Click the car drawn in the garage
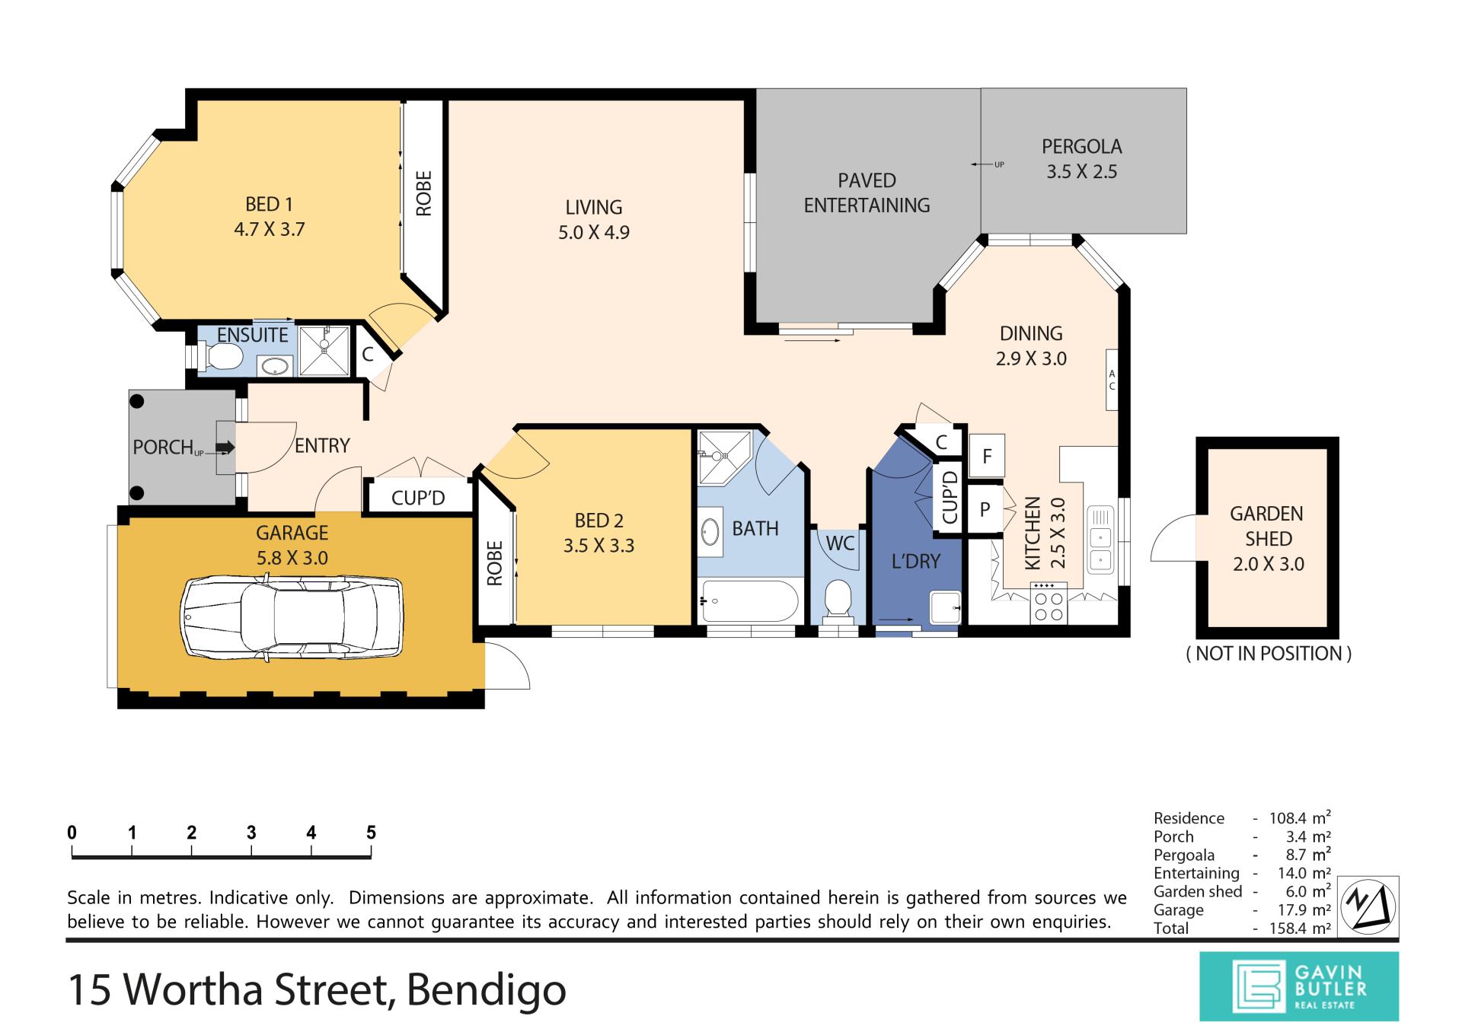tap(291, 616)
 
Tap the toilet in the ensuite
tap(220, 355)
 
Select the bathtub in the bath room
tap(749, 601)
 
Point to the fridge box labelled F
tap(987, 456)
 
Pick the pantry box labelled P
tap(985, 509)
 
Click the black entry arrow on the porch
tap(226, 448)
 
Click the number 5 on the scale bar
tap(371, 832)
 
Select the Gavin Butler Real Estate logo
tap(1299, 986)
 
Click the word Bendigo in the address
tap(487, 989)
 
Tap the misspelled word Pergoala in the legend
tap(1184, 855)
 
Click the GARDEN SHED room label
tap(1268, 526)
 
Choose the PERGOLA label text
tap(1082, 146)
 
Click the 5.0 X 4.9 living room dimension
tap(594, 232)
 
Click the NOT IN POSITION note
tap(1269, 653)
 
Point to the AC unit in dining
tap(1112, 380)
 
